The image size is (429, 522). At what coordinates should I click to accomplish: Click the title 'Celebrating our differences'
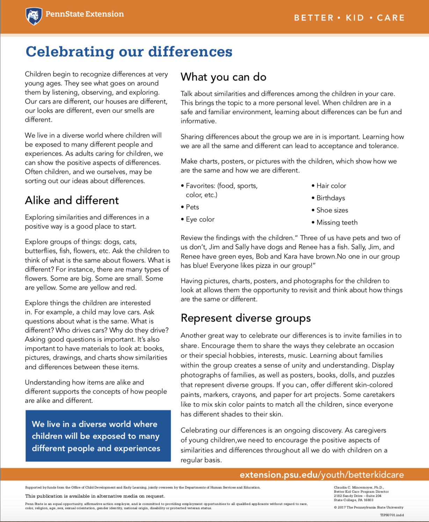(x=129, y=52)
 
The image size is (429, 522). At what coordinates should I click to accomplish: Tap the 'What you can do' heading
(x=224, y=77)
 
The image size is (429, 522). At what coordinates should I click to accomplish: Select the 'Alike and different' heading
(x=72, y=200)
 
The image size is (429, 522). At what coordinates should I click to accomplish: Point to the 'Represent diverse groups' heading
(x=246, y=318)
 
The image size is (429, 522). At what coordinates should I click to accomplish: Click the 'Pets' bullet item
(x=192, y=207)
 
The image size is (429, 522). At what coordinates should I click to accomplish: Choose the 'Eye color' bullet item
(x=200, y=219)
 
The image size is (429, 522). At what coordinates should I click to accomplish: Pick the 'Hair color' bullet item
(x=331, y=186)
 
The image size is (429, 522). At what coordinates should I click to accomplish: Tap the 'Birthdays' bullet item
(x=330, y=198)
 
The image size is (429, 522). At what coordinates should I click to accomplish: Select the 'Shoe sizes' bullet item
(x=332, y=210)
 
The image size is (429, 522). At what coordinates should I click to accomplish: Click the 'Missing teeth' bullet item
(x=337, y=223)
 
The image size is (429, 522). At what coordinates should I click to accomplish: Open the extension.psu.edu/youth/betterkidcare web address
(x=321, y=475)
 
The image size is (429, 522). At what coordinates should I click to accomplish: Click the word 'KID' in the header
(x=355, y=18)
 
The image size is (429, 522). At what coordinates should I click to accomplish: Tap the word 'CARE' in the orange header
(x=391, y=18)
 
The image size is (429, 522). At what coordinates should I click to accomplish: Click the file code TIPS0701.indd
(x=392, y=515)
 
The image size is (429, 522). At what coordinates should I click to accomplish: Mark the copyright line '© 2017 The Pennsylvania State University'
(x=369, y=507)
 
